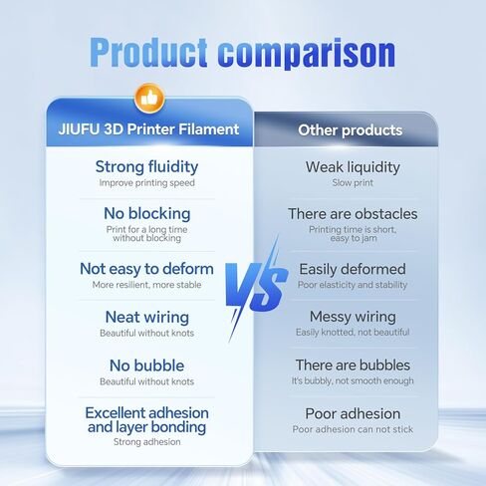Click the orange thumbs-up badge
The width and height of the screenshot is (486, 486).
click(149, 99)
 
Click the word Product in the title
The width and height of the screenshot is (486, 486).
click(148, 53)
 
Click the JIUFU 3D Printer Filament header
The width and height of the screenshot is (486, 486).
click(148, 129)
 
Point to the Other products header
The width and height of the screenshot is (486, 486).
click(351, 130)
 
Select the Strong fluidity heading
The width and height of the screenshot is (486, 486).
click(146, 166)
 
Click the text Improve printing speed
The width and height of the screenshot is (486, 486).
click(146, 183)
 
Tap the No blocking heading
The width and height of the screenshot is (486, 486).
click(147, 213)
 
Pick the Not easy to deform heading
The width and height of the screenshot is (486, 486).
click(146, 269)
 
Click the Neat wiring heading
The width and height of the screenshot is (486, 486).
click(147, 317)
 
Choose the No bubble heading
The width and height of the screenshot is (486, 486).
click(146, 365)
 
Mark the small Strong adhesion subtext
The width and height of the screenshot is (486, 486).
click(147, 442)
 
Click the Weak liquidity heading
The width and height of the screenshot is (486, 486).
click(353, 167)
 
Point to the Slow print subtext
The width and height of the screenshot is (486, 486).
click(353, 182)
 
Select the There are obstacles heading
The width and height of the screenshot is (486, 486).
click(353, 214)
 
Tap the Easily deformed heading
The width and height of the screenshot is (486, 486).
click(353, 269)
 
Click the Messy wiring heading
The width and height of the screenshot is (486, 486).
click(353, 317)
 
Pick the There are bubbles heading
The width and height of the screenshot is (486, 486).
click(353, 365)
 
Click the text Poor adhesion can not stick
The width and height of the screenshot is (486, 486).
click(353, 429)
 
